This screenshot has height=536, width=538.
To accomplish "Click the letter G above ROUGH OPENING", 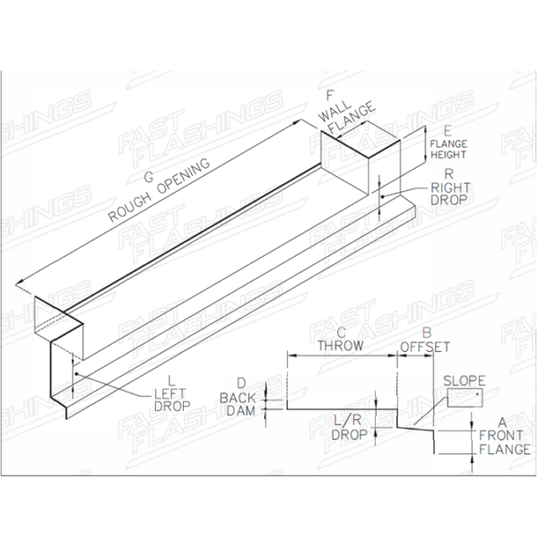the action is click(149, 177).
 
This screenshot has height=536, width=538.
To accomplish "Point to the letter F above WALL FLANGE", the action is click(330, 96).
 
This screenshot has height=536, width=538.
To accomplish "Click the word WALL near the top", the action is click(334, 111).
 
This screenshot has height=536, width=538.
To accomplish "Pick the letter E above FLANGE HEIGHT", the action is click(447, 132).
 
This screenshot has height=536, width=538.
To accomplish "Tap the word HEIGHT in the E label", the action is click(448, 155).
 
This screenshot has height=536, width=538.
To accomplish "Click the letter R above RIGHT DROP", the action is click(449, 174).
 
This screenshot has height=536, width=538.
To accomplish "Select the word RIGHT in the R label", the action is click(450, 188).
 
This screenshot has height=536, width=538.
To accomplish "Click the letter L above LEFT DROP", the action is click(171, 381).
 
